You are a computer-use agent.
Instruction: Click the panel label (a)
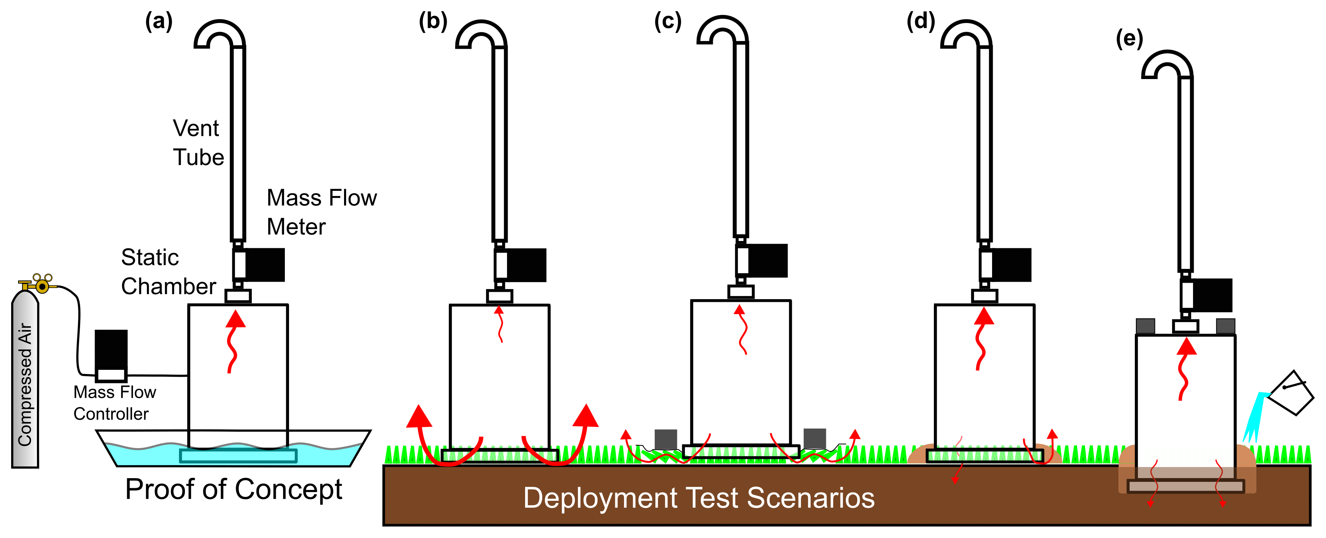pyautogui.click(x=158, y=22)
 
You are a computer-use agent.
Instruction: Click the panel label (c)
pyautogui.click(x=668, y=22)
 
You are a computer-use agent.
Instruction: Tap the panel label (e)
pyautogui.click(x=1129, y=39)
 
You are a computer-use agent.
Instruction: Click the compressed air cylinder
pyautogui.click(x=25, y=381)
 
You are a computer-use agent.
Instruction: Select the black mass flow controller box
pyautogui.click(x=111, y=350)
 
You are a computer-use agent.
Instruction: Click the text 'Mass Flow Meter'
pyautogui.click(x=321, y=212)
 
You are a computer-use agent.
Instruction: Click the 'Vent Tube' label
pyautogui.click(x=198, y=143)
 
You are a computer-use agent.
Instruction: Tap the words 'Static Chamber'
pyautogui.click(x=168, y=272)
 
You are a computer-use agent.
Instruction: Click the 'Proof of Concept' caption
pyautogui.click(x=233, y=489)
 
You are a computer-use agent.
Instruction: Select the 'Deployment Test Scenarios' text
pyautogui.click(x=699, y=498)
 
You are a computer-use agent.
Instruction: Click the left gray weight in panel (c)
pyautogui.click(x=665, y=439)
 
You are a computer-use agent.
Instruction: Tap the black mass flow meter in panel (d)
pyautogui.click(x=1011, y=265)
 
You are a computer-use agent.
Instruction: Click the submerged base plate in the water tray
pyautogui.click(x=238, y=455)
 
